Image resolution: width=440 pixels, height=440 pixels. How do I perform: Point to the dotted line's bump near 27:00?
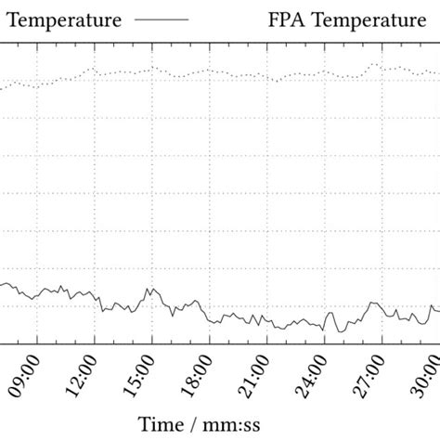pyautogui.click(x=375, y=64)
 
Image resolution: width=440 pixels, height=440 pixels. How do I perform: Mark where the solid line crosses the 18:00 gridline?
pyautogui.click(x=210, y=319)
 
